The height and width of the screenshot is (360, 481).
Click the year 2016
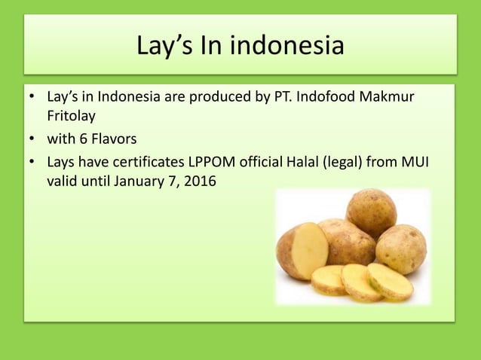click(199, 182)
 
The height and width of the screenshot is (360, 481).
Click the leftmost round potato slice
click(329, 279)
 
